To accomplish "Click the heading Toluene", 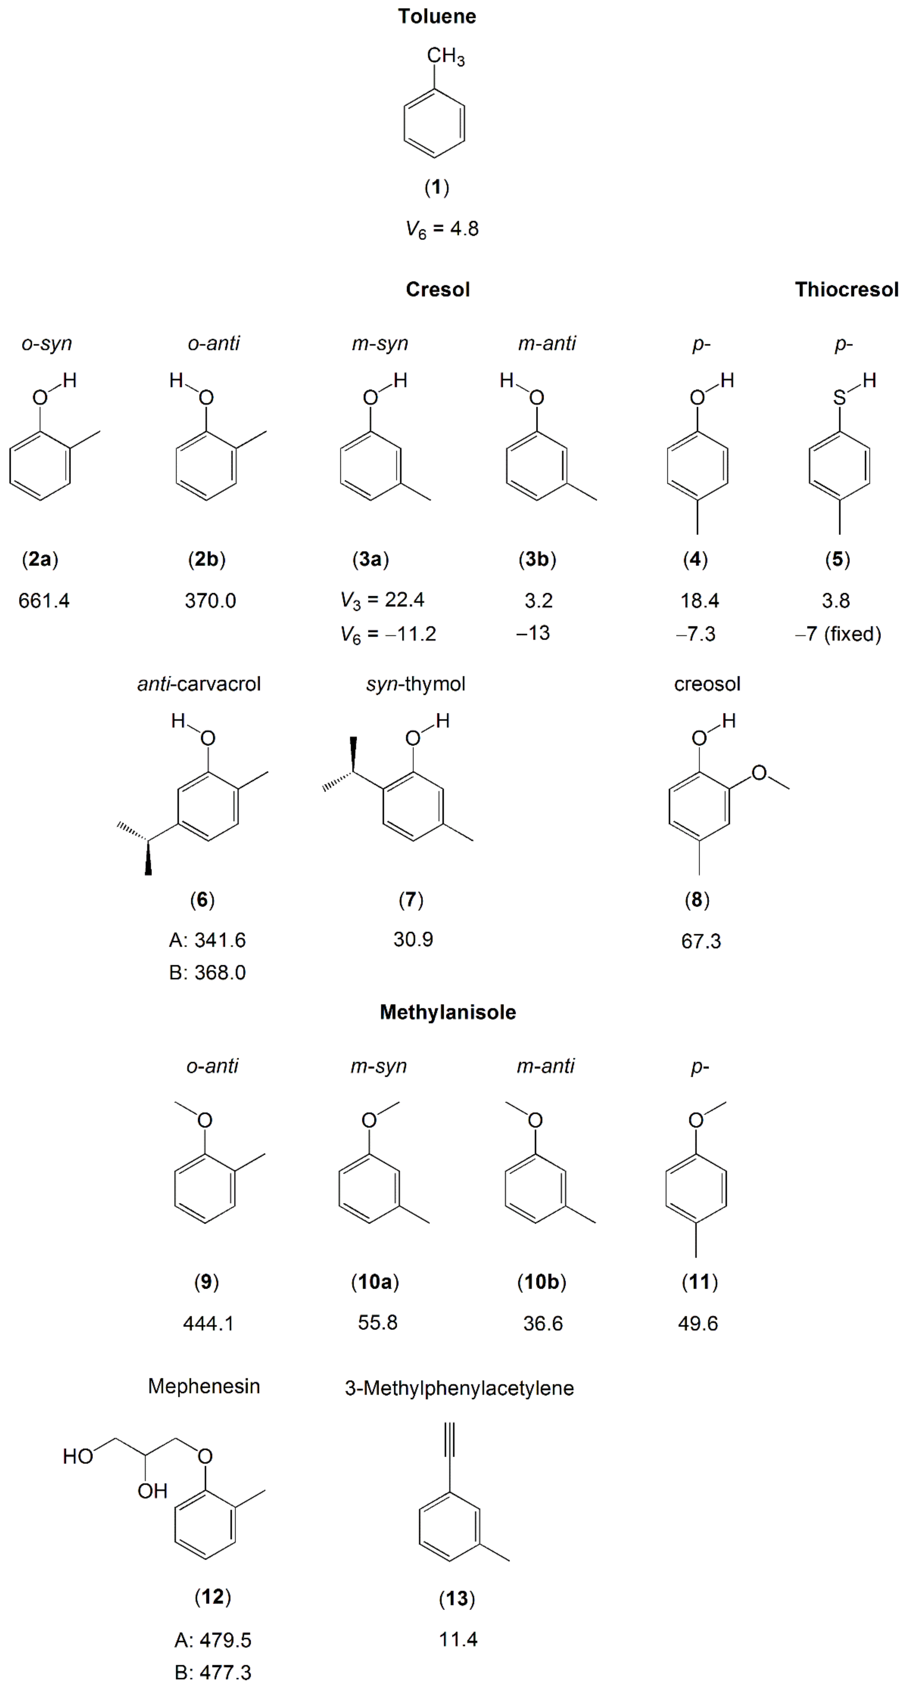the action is click(437, 17).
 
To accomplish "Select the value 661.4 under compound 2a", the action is click(44, 601).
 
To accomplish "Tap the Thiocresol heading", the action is click(846, 290).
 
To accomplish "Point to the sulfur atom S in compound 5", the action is click(839, 397).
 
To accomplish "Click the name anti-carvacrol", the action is click(199, 684).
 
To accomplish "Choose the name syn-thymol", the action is click(416, 684).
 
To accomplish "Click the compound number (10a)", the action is click(375, 1281).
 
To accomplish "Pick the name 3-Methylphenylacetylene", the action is click(459, 1388).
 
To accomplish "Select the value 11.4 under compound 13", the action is click(458, 1639).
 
